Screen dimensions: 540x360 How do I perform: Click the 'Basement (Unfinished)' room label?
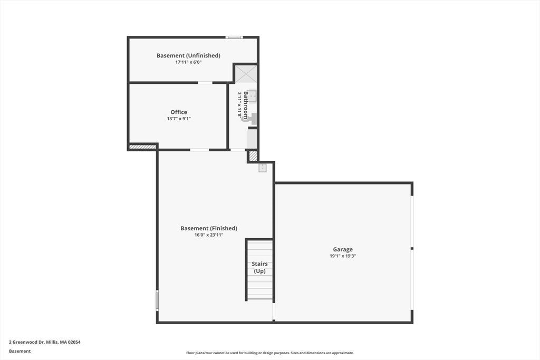coord(188,55)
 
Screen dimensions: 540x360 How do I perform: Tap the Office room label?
coord(179,112)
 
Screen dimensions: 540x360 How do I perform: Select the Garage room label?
coord(343,249)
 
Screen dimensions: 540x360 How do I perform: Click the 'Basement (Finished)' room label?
coord(209,228)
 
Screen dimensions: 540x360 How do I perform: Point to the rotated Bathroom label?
coord(246,105)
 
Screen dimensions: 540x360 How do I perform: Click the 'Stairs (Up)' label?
coord(259,267)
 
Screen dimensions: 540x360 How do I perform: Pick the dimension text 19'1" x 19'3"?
coord(343,256)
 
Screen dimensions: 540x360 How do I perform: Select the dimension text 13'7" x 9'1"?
coord(179,119)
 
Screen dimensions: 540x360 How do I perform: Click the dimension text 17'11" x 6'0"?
coord(188,62)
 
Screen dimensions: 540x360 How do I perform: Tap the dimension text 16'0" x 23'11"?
coord(209,235)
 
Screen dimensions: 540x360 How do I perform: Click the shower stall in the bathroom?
coord(246,74)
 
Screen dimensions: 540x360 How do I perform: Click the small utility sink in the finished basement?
coord(263,168)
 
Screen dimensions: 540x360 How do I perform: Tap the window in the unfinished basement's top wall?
coord(234,37)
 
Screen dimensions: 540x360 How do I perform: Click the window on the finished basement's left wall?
coord(157,300)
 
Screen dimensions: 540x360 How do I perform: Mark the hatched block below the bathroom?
coord(253,156)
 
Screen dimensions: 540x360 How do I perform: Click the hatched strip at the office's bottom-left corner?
coord(142,147)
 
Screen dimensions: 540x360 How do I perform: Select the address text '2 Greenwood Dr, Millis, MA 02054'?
coord(45,342)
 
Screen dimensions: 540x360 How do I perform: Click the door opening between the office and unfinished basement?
coord(205,83)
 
